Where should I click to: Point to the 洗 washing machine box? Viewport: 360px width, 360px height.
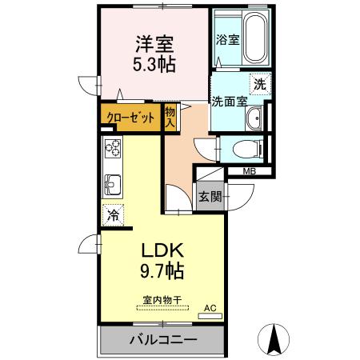pos(259,83)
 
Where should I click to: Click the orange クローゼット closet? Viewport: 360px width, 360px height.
pos(130,117)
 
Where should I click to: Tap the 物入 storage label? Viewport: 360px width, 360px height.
pos(170,117)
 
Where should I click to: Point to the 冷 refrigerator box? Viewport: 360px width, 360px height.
pos(113,214)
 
